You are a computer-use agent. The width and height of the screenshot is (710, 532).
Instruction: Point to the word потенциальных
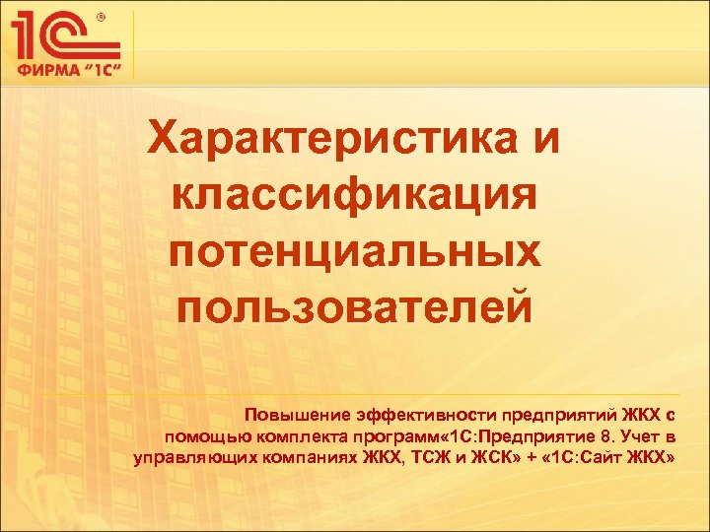(x=354, y=247)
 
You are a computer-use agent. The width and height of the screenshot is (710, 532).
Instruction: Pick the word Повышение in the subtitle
(x=292, y=414)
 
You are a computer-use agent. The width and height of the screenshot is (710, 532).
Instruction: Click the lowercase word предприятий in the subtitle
(x=554, y=415)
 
